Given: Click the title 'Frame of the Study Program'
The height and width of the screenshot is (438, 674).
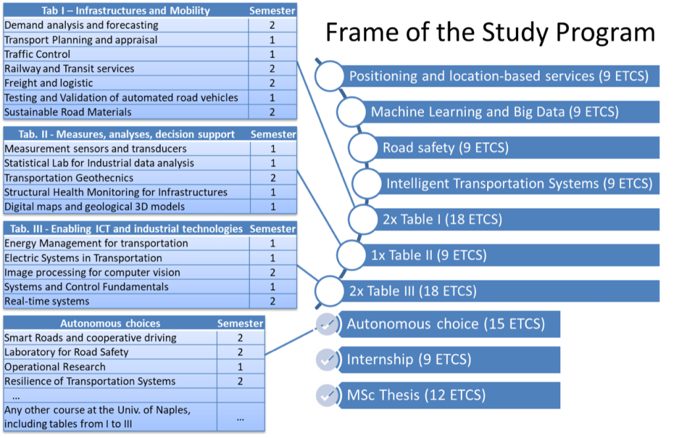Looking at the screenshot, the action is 490,33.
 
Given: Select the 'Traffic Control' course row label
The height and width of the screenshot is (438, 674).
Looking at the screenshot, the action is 38,54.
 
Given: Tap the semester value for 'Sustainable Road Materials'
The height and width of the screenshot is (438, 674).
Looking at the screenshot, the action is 272,112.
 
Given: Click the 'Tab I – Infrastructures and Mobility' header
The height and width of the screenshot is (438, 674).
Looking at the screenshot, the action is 126,11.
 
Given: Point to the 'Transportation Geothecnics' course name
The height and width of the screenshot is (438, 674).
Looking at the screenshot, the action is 68,178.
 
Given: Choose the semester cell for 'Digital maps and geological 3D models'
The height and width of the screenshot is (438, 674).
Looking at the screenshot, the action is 273,207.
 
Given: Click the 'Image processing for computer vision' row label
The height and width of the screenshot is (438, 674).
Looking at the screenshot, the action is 92,272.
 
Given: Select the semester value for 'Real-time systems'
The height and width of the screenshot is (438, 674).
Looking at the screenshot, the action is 272,301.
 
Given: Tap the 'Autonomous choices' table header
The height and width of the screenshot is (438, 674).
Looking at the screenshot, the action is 110,324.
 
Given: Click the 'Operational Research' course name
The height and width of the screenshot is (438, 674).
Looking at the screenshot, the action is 55,367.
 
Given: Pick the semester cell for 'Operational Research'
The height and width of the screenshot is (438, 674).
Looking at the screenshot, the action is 240,367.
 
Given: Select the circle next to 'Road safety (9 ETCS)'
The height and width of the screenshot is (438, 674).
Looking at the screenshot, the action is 363,148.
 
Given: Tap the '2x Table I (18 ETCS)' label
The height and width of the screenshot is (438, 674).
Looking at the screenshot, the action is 442,220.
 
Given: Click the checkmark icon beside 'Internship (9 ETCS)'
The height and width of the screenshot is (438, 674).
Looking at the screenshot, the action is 327,360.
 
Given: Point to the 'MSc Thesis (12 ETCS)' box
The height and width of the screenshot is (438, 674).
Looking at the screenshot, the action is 449,395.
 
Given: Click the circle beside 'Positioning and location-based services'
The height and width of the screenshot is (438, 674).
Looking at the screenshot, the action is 329,76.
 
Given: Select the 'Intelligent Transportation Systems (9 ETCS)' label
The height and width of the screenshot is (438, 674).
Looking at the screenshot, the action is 519,183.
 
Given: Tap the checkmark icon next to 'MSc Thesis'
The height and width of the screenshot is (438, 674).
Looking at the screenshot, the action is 327,395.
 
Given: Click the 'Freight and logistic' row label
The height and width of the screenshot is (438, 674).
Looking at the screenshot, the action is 49,83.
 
